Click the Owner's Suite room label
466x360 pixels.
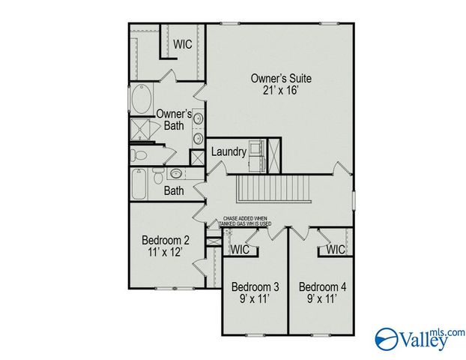pos(281,78)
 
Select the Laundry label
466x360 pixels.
pos(229,151)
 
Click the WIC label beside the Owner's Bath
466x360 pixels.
pos(183,44)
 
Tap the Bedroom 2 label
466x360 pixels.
pos(166,240)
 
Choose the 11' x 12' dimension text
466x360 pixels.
pos(166,253)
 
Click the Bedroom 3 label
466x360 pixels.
pos(255,286)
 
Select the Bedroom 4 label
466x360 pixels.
pos(322,286)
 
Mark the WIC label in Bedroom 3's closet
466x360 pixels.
pos(240,249)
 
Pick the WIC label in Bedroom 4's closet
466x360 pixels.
pos(336,249)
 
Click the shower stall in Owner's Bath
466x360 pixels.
pos(140,132)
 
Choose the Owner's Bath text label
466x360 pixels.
pos(174,119)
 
